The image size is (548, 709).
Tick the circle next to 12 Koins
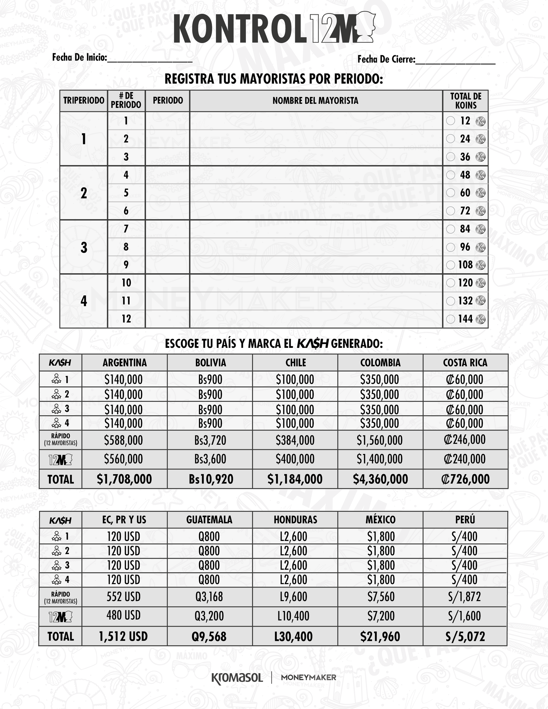click(x=451, y=121)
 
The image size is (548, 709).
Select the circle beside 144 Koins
click(x=451, y=319)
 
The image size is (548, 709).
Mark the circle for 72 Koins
click(x=451, y=211)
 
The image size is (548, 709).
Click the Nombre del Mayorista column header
click(x=315, y=101)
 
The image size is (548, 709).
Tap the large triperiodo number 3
click(x=84, y=247)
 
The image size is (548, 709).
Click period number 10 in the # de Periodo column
click(x=126, y=283)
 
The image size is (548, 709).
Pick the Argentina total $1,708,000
click(x=124, y=479)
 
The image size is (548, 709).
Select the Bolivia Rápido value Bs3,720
click(x=210, y=440)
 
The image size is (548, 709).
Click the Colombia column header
click(x=380, y=363)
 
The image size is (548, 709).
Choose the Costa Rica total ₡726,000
click(x=465, y=479)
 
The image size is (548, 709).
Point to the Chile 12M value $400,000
click(x=295, y=459)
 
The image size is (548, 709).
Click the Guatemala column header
click(x=209, y=520)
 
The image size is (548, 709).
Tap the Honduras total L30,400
click(x=294, y=636)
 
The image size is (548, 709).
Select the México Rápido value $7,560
click(x=381, y=597)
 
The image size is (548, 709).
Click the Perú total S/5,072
click(x=465, y=636)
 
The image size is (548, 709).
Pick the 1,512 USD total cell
click(x=123, y=636)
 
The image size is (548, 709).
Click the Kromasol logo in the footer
click(x=237, y=678)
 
